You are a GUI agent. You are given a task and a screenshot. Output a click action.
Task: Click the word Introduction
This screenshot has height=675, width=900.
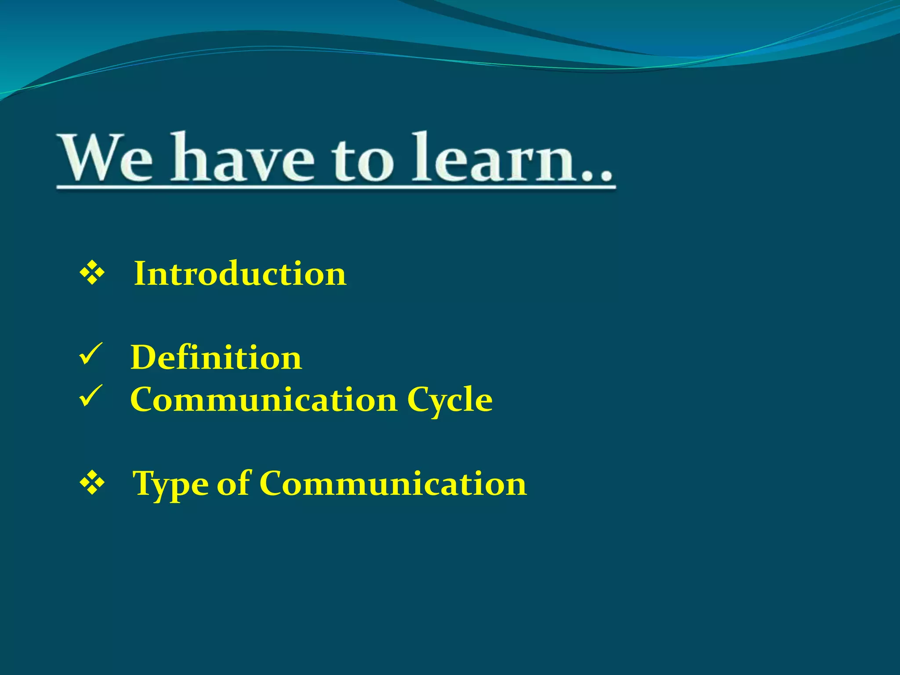240,273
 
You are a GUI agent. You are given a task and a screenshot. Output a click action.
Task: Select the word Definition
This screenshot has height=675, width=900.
216,357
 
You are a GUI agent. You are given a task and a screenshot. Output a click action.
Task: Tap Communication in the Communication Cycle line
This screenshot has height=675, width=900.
264,399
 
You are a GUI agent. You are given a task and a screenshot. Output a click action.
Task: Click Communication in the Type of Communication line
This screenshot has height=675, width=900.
393,483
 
